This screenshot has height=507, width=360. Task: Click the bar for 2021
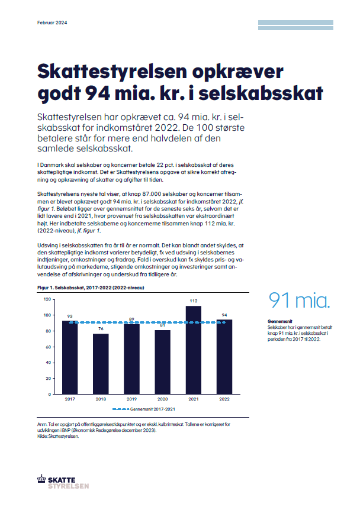(194, 350)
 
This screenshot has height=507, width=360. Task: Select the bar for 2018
(101, 364)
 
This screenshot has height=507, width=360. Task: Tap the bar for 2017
(70, 357)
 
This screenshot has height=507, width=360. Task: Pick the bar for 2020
(162, 362)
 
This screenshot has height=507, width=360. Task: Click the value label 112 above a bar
(194, 301)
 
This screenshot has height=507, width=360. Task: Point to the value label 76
(101, 328)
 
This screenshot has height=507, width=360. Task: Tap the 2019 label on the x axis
(132, 399)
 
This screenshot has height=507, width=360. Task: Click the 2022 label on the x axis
(224, 399)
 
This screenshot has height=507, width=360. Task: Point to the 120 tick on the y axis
(47, 299)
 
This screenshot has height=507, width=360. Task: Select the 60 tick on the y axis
(49, 347)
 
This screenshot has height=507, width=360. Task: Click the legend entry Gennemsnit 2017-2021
(144, 409)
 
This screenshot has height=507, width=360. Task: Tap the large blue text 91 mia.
(299, 300)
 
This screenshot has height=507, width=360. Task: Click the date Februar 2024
(52, 22)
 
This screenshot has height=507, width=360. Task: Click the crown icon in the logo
(41, 479)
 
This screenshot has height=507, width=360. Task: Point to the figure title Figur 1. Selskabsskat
(61, 288)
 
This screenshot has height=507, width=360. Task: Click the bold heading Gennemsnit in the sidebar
(280, 321)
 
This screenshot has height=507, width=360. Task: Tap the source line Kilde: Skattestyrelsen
(58, 436)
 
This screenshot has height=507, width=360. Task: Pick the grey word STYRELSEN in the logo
(68, 486)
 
